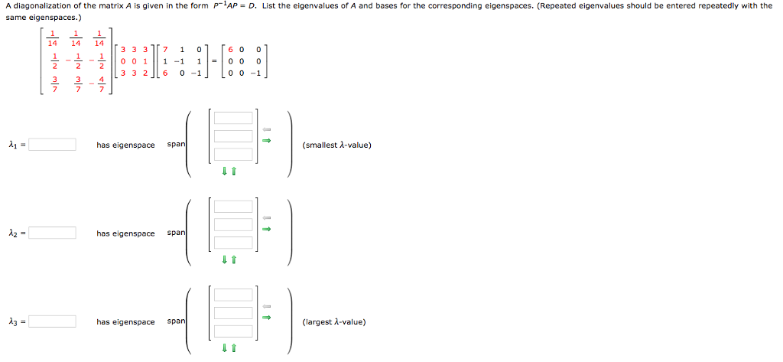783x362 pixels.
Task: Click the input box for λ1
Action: pyautogui.click(x=53, y=145)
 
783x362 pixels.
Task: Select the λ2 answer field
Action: pyautogui.click(x=53, y=233)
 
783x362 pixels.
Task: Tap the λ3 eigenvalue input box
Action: pyautogui.click(x=53, y=321)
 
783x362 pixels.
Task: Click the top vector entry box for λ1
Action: pyautogui.click(x=233, y=118)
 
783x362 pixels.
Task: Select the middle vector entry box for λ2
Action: pyautogui.click(x=233, y=223)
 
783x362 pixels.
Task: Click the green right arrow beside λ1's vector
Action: pyautogui.click(x=268, y=141)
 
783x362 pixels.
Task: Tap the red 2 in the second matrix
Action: pyautogui.click(x=145, y=74)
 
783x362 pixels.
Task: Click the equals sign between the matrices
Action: pyautogui.click(x=214, y=60)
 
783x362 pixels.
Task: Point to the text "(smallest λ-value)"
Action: pyautogui.click(x=336, y=145)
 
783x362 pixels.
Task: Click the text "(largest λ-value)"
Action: pyautogui.click(x=334, y=321)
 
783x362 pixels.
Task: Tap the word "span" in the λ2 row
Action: pyautogui.click(x=176, y=233)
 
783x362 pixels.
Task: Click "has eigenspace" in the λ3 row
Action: pyautogui.click(x=125, y=321)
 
